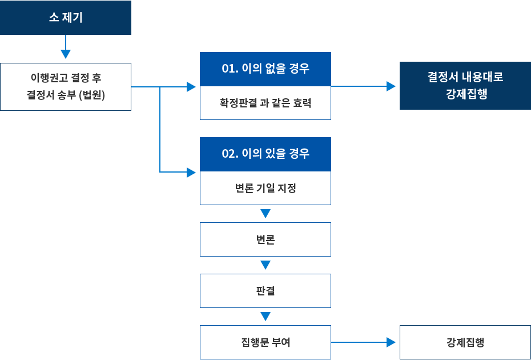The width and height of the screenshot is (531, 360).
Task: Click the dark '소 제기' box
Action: click(x=66, y=18)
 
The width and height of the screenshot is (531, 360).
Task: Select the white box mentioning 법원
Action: click(x=66, y=86)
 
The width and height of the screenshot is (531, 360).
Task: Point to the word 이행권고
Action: click(x=49, y=78)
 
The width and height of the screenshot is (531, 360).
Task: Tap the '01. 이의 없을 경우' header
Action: click(x=265, y=69)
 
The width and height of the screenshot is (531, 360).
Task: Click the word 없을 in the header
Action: click(x=276, y=69)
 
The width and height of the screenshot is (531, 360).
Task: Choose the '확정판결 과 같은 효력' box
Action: click(x=265, y=103)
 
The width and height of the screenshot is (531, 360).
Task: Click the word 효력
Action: click(x=302, y=103)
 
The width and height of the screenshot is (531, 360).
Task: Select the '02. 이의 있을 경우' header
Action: click(x=265, y=154)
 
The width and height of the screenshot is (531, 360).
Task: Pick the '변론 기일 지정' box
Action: click(x=265, y=188)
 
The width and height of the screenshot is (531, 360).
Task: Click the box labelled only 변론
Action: click(x=265, y=239)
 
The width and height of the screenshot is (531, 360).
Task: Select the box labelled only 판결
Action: click(x=265, y=291)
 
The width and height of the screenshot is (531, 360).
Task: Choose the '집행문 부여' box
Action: click(x=265, y=342)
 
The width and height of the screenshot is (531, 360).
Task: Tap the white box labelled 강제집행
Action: click(x=465, y=342)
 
